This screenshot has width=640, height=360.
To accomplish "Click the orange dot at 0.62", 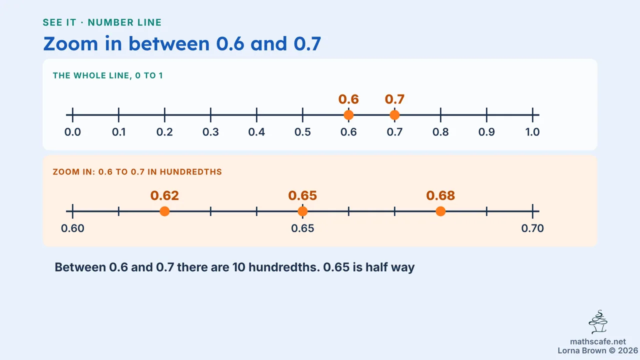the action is click(x=164, y=211).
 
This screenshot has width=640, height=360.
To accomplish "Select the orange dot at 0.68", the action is click(x=440, y=211).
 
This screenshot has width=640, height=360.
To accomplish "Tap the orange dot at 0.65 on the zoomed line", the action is click(x=302, y=211).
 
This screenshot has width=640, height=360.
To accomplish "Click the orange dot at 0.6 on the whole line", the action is click(x=348, y=115).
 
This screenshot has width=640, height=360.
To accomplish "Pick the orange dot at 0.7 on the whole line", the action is click(x=394, y=115).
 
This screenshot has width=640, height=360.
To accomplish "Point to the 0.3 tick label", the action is click(x=210, y=132).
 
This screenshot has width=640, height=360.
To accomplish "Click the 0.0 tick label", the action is click(x=72, y=132).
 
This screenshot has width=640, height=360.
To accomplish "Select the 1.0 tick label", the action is click(x=532, y=132).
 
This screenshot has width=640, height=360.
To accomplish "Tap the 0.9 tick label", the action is click(x=486, y=132).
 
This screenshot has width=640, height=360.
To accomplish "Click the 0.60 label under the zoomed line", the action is click(x=72, y=228).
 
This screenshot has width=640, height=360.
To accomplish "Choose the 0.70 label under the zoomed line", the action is click(x=532, y=228).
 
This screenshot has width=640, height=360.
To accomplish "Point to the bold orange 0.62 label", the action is click(x=164, y=195).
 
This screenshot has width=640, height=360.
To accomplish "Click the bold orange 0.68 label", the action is click(x=440, y=195).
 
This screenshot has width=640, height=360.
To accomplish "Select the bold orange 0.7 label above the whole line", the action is click(x=394, y=99).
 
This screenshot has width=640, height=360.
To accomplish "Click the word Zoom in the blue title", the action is click(x=70, y=43).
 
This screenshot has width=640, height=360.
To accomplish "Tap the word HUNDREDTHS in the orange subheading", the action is click(x=191, y=171).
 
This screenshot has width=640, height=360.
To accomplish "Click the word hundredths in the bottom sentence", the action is click(x=284, y=267).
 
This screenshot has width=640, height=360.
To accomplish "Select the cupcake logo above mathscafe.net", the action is click(x=598, y=322).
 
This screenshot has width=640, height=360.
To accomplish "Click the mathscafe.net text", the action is click(x=598, y=341).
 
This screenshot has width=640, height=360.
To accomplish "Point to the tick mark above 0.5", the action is click(x=302, y=115).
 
